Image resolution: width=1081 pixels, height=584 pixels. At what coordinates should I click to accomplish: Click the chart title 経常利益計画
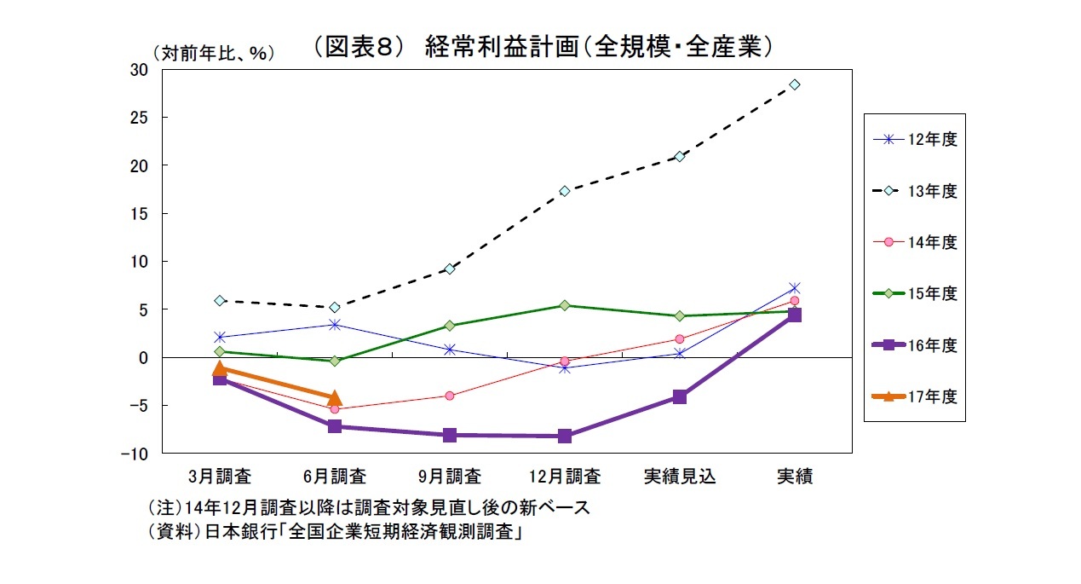pyautogui.click(x=542, y=47)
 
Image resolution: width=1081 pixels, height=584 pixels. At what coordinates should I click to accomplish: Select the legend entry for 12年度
pyautogui.click(x=917, y=140)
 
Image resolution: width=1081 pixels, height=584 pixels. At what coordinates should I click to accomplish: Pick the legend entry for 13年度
pyautogui.click(x=917, y=192)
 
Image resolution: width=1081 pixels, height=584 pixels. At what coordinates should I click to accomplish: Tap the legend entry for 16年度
pyautogui.click(x=917, y=345)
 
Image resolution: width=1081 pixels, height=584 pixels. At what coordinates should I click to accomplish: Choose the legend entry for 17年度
pyautogui.click(x=917, y=396)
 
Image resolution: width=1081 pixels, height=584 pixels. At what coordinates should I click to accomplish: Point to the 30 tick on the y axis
pyautogui.click(x=139, y=70)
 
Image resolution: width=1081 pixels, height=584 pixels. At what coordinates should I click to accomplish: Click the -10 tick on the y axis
pyautogui.click(x=135, y=454)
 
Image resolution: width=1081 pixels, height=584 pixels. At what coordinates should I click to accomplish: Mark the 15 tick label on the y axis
pyautogui.click(x=139, y=214)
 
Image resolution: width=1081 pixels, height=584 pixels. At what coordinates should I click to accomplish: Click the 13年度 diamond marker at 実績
pyautogui.click(x=794, y=84)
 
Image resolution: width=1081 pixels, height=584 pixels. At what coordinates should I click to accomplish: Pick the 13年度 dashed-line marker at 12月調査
pyautogui.click(x=565, y=191)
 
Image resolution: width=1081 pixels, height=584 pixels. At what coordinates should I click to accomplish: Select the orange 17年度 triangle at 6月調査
pyautogui.click(x=335, y=398)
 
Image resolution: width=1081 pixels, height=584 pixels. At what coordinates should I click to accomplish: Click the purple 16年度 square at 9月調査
pyautogui.click(x=450, y=435)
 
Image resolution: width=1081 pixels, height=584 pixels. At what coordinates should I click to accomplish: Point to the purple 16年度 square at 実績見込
pyautogui.click(x=679, y=396)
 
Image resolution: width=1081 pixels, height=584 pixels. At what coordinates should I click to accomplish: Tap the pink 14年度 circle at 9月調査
pyautogui.click(x=450, y=396)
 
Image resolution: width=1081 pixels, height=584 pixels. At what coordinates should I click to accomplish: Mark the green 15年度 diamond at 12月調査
pyautogui.click(x=565, y=305)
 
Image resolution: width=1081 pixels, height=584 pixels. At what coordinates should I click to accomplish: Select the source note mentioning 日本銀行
pyautogui.click(x=334, y=532)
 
